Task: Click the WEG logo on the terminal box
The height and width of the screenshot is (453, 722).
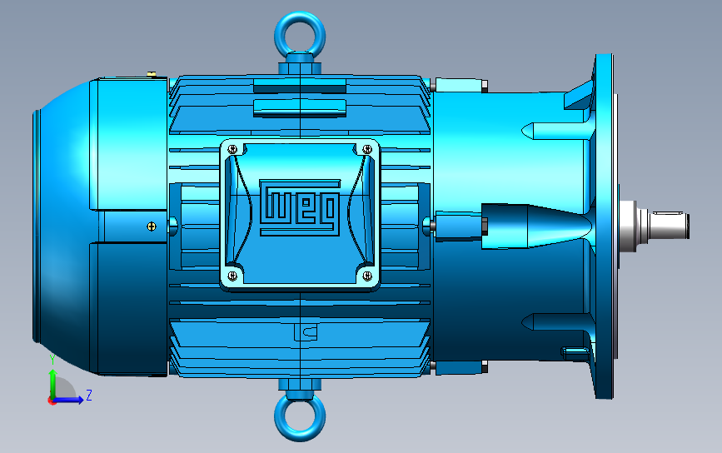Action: click(x=300, y=207)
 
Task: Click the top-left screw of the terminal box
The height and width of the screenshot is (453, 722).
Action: click(x=232, y=149)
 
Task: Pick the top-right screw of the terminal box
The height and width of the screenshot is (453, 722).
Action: click(x=367, y=149)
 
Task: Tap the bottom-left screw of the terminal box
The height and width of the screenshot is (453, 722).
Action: click(x=232, y=276)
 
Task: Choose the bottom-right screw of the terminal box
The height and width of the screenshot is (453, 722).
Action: click(x=367, y=276)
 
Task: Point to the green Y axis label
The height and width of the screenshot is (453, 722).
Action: click(x=52, y=360)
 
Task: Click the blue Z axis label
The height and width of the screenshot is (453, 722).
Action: click(x=89, y=395)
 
